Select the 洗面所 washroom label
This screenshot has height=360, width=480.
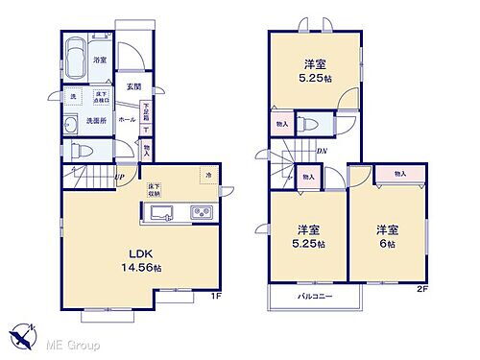tap(96, 121)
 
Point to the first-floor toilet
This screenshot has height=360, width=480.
tap(80, 150)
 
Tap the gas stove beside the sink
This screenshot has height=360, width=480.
tap(202, 213)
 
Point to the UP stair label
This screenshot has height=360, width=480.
tap(118, 176)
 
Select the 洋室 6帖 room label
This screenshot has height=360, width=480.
tap(388, 236)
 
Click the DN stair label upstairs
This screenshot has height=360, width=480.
tap(324, 151)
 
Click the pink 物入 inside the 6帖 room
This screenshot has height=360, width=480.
tap(399, 174)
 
